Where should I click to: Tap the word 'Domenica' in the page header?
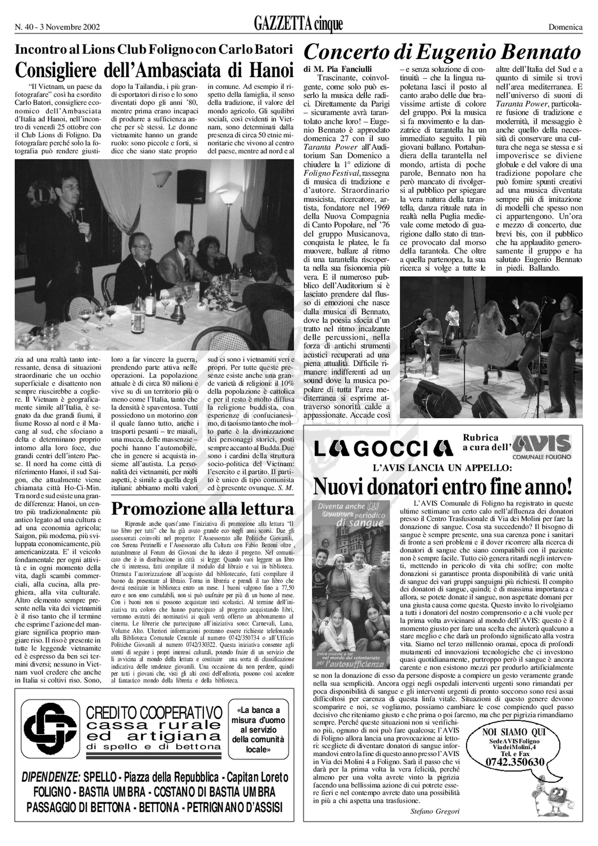coord(565,27)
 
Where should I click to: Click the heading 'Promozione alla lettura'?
coord(203,509)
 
